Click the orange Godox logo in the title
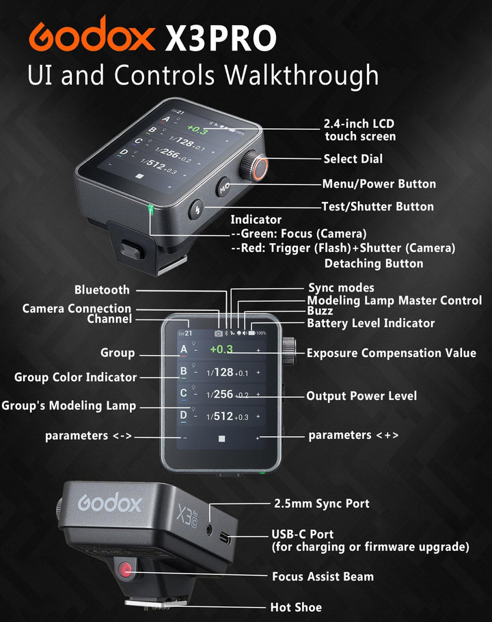(92, 35)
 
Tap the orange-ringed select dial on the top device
(257, 167)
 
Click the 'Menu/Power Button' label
(379, 184)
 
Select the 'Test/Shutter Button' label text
(377, 206)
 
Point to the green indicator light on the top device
(150, 209)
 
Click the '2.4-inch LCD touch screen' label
(359, 130)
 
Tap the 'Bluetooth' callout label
(102, 290)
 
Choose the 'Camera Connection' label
(77, 309)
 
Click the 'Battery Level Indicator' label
(370, 323)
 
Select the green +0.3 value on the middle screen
(221, 349)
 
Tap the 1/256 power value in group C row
(221, 394)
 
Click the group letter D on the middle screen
(183, 415)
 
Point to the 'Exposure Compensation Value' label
(391, 353)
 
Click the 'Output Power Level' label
(361, 396)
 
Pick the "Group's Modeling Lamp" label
(69, 406)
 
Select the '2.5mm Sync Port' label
(321, 504)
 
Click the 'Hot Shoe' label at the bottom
(296, 607)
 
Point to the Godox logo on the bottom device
(110, 504)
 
